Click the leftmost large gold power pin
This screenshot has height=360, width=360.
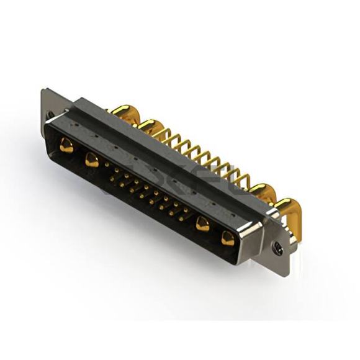66,146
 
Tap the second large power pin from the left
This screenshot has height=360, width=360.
92,160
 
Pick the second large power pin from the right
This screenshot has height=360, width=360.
202,224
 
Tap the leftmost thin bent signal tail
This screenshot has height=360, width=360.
163,133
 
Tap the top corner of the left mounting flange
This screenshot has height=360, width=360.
44,91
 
